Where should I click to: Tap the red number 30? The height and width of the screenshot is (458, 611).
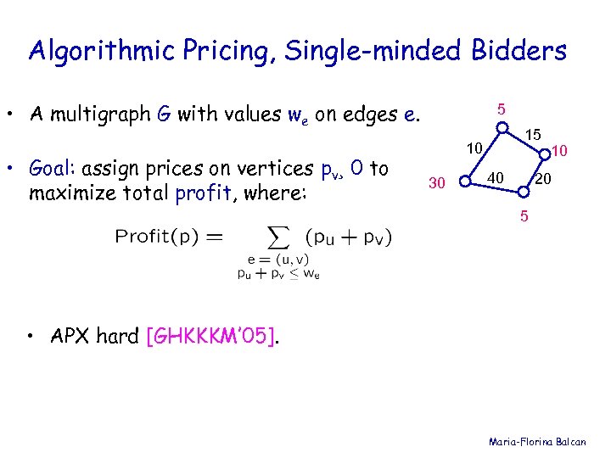tap(437, 182)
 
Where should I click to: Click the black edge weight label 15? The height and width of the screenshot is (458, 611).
tap(532, 135)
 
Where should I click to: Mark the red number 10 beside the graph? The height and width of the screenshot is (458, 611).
tap(559, 151)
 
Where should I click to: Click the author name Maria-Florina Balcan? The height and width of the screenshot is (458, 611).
tap(543, 442)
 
